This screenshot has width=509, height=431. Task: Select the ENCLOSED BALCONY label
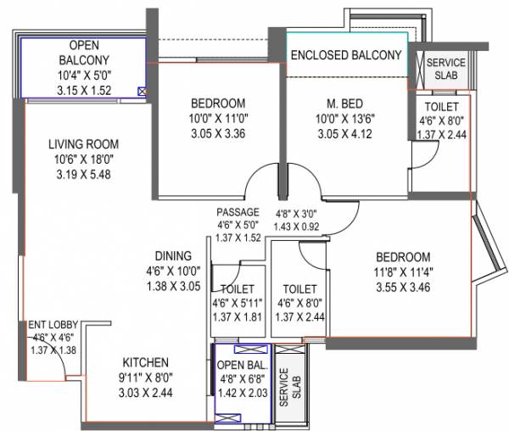click(x=345, y=56)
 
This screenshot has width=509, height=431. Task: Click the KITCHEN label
click(x=144, y=362)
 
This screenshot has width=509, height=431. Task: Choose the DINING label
click(x=172, y=255)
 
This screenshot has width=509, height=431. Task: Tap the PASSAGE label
click(x=238, y=212)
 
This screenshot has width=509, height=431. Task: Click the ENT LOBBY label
click(x=49, y=323)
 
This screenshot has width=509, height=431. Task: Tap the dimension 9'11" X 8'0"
click(x=144, y=378)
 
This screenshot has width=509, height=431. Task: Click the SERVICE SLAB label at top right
click(x=445, y=69)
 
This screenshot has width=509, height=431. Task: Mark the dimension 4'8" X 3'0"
click(x=297, y=215)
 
